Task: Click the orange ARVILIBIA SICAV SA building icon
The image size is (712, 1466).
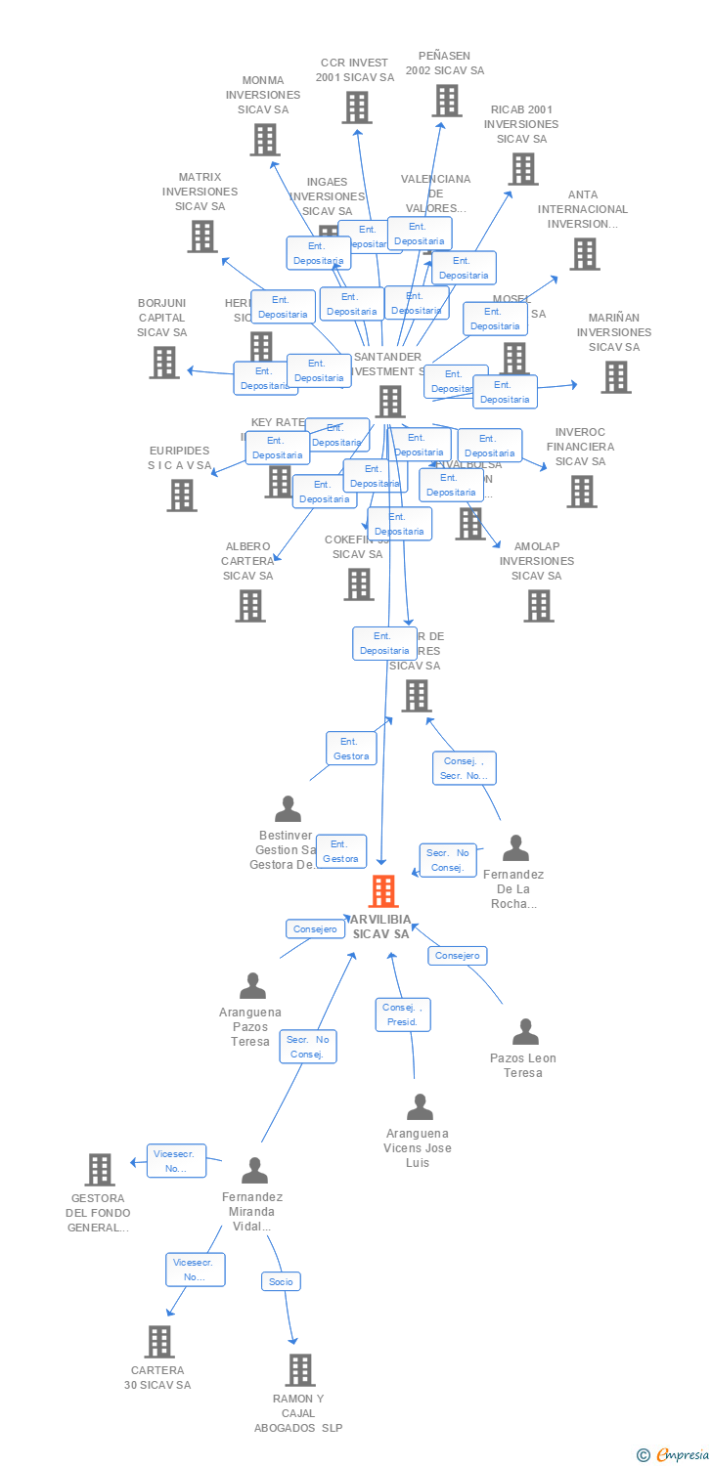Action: (x=383, y=891)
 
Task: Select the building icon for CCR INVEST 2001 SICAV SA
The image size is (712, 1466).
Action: (x=357, y=108)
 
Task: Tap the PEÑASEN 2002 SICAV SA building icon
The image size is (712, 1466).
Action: (x=446, y=101)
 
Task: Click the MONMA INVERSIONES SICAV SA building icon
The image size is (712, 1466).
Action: (x=265, y=140)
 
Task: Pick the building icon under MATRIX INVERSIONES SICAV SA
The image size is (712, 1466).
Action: (x=202, y=237)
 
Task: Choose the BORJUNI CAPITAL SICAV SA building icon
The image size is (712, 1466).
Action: (x=164, y=363)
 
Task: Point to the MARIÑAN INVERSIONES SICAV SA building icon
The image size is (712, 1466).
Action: (x=615, y=377)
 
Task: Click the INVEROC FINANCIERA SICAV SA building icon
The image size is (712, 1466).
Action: (x=581, y=492)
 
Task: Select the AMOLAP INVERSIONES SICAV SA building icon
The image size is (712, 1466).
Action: (x=538, y=606)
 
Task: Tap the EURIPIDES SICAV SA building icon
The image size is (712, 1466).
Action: (x=181, y=496)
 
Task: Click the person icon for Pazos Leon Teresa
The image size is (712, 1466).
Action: (x=526, y=1032)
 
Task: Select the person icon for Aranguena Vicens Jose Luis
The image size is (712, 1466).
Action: (x=420, y=1107)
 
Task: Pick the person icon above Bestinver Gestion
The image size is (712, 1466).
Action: (x=288, y=809)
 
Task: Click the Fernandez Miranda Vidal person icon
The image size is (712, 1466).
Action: (x=254, y=1170)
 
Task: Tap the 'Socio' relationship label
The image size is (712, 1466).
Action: (x=281, y=1281)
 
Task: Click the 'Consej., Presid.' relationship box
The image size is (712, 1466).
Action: (x=403, y=1014)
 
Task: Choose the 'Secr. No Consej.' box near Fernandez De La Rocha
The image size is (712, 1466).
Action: (x=449, y=860)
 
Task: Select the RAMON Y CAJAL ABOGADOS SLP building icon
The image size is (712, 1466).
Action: (x=300, y=1370)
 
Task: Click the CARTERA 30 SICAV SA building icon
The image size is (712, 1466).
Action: (x=159, y=1342)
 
